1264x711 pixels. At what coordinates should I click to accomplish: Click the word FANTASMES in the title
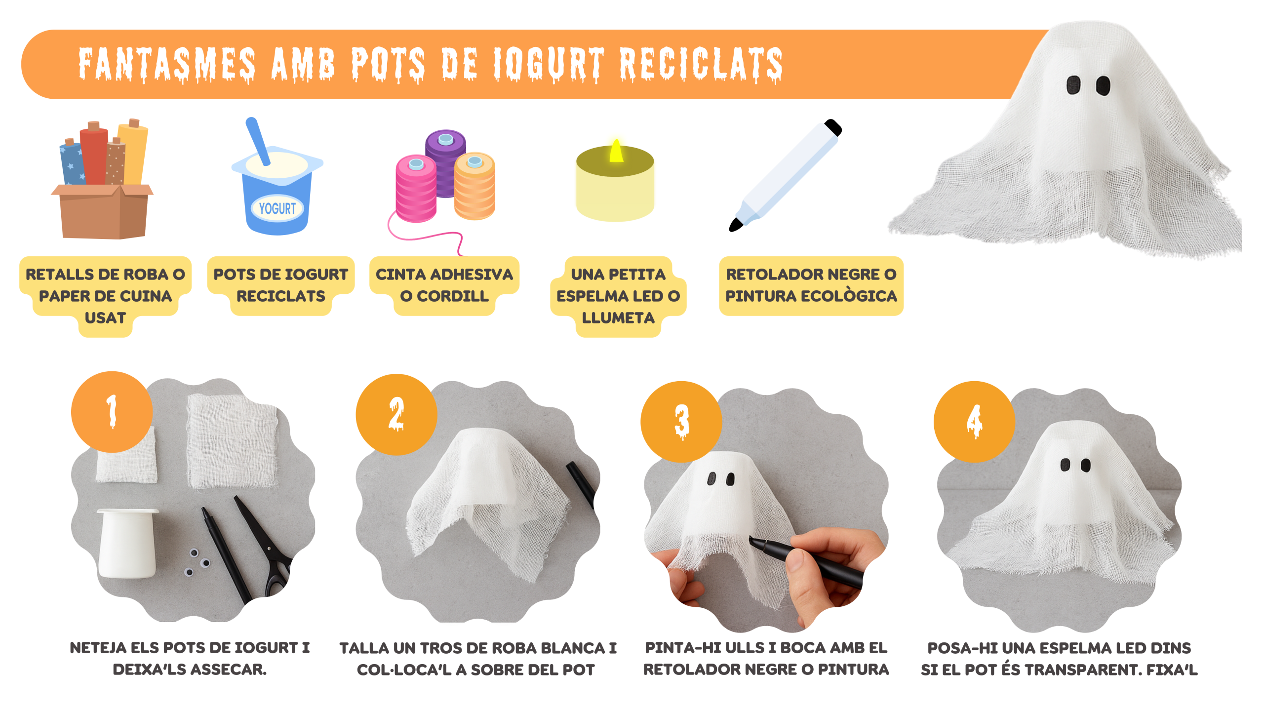click(x=167, y=65)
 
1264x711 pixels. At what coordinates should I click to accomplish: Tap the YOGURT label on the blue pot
click(x=277, y=209)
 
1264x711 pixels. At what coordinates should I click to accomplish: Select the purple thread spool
click(x=446, y=163)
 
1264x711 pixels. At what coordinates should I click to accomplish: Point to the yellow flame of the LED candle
click(x=616, y=151)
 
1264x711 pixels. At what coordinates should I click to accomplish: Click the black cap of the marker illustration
click(x=833, y=127)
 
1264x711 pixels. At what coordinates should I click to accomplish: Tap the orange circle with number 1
click(x=112, y=412)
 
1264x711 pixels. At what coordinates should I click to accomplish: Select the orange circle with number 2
click(x=396, y=414)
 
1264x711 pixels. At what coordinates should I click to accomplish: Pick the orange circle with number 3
click(x=681, y=422)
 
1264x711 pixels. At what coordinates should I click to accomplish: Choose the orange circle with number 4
click(x=974, y=422)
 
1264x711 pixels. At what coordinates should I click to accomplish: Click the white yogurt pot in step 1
click(x=128, y=543)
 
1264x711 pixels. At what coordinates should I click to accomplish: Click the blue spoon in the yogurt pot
click(x=258, y=141)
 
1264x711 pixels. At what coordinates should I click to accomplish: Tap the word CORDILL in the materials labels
click(x=453, y=296)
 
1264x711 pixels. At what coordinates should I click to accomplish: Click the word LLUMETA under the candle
click(x=618, y=318)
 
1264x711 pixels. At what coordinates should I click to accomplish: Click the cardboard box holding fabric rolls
click(x=102, y=211)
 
